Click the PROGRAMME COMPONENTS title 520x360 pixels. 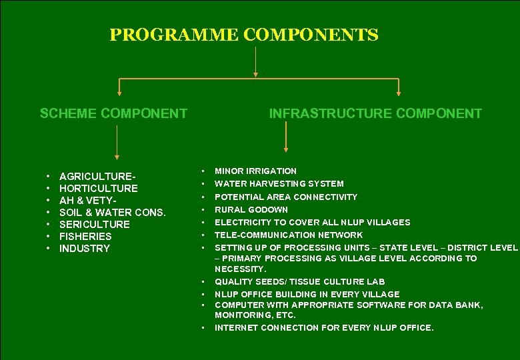tap(244, 35)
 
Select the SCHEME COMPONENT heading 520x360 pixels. tap(113, 113)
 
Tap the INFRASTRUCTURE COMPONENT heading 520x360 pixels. tap(375, 113)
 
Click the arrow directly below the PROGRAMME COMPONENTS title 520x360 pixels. tap(255, 63)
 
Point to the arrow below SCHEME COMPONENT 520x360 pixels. tap(117, 143)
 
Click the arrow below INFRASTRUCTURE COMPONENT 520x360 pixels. tap(286, 137)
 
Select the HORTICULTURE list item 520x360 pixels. tap(98, 188)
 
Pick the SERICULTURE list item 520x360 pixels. tap(95, 224)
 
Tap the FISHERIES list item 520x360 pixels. tap(85, 236)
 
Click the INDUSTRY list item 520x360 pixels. tap(85, 248)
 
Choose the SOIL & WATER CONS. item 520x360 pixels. tap(112, 212)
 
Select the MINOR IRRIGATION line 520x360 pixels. tap(255, 171)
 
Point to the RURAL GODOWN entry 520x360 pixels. tap(251, 209)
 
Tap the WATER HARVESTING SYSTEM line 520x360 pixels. tap(279, 183)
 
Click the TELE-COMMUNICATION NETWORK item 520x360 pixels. tap(289, 235)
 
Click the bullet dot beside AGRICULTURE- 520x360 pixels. tap(49, 176)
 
